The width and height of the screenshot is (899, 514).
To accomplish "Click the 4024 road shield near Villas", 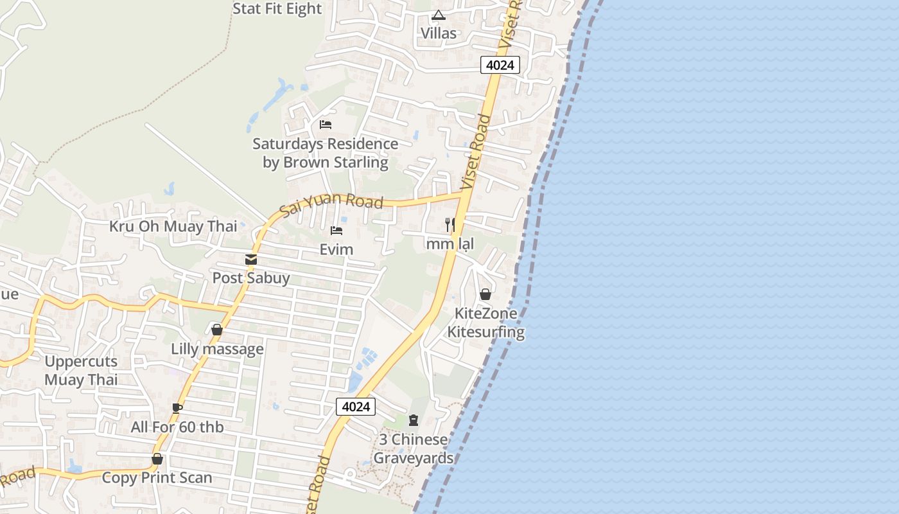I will pos(500,65).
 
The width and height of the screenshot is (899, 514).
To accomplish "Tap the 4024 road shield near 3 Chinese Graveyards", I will pos(355,406).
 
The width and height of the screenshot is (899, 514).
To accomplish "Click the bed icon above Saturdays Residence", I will pos(326,124).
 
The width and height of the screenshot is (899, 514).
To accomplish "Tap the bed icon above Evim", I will pos(336,231).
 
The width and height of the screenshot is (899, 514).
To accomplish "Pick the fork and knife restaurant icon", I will pos(450,224).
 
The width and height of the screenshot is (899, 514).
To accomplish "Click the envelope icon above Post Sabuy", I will pos(251,260).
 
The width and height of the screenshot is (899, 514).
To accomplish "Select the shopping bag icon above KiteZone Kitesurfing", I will pos(485,294).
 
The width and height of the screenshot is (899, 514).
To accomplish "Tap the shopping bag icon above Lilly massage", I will pos(217,330).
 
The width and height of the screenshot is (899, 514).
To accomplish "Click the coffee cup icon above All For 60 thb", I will pos(177,407).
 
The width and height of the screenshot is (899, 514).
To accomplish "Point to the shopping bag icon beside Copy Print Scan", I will pos(157,459).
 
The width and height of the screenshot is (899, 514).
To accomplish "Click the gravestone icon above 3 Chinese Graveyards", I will pos(414,420).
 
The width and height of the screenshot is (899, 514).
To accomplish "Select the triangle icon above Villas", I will pos(439,15).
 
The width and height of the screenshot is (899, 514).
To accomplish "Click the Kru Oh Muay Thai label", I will pos(173,226).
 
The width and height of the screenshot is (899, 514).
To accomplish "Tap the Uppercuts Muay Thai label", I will pos(81,371).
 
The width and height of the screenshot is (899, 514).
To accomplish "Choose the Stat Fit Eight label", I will pos(277,9).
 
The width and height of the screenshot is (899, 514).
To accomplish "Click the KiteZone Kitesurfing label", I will pos(485,323).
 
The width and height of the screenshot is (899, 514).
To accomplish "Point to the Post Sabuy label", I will pos(251,278).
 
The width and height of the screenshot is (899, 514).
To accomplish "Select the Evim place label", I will pos(336,249).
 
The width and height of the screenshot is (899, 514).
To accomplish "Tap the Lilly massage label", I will pos(217,349).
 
